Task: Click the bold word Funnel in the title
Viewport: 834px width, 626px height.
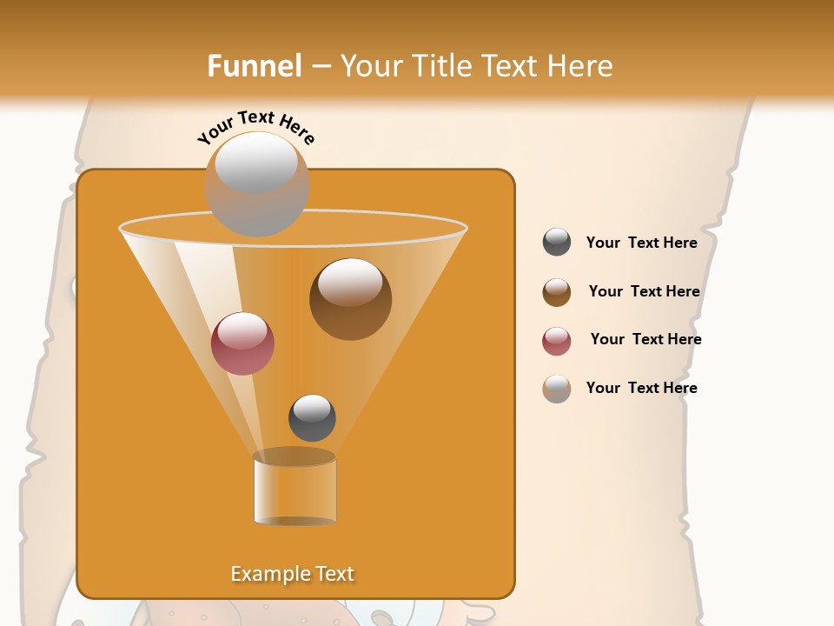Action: [x=254, y=66]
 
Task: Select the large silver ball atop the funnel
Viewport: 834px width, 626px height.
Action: [x=256, y=184]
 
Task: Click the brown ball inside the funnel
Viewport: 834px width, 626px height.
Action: [x=350, y=300]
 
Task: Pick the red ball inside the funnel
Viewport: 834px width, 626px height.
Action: [x=242, y=343]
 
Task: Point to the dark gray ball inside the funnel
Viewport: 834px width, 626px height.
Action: [x=312, y=418]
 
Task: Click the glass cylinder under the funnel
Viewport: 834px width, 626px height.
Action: [x=295, y=489]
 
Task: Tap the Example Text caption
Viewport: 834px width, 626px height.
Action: [x=292, y=574]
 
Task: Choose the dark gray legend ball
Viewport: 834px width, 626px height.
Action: [x=557, y=243]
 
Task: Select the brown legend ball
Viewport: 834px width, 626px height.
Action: [x=557, y=292]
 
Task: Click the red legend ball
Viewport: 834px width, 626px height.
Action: [x=557, y=341]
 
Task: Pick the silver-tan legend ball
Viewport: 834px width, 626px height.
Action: [x=557, y=389]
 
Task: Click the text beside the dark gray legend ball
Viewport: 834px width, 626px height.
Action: [x=641, y=243]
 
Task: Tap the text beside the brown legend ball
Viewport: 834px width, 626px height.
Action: [x=644, y=291]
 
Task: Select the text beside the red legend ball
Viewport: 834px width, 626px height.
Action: [x=645, y=339]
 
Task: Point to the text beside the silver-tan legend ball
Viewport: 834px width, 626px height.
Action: [x=641, y=388]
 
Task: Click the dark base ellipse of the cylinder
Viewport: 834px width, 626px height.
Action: [x=295, y=521]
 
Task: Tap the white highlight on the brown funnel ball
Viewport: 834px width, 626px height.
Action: [x=350, y=282]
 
